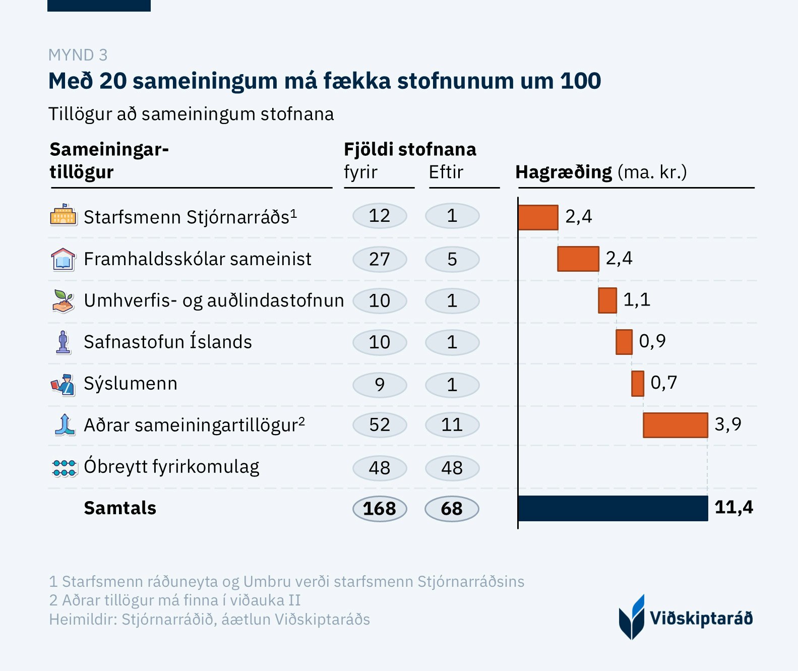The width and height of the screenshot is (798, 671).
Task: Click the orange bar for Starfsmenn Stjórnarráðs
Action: (x=538, y=218)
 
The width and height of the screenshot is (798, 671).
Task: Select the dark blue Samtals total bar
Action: (x=613, y=508)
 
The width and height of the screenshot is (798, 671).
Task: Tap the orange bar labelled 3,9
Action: (x=676, y=425)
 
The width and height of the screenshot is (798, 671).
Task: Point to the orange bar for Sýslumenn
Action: (x=638, y=384)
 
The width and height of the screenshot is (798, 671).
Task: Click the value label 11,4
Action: (x=733, y=507)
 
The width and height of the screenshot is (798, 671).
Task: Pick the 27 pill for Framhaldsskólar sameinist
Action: (x=380, y=259)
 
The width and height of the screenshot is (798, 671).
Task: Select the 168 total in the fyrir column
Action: (x=380, y=509)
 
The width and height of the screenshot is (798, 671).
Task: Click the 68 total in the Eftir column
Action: (x=452, y=509)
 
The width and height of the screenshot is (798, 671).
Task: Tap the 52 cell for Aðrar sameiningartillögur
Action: (x=380, y=425)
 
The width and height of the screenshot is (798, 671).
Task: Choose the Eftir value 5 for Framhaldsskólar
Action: (x=452, y=259)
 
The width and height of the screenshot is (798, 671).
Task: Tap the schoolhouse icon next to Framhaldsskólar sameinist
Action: (x=64, y=259)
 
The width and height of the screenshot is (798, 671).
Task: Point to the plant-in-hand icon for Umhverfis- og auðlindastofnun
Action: (x=64, y=301)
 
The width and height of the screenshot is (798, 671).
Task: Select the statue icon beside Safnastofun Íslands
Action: (x=64, y=342)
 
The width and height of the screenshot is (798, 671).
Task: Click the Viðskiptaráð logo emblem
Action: (x=632, y=617)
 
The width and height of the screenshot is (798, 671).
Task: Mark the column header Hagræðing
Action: (x=564, y=172)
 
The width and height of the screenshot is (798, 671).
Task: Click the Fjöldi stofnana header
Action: (x=410, y=150)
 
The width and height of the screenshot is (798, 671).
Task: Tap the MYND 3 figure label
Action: (x=78, y=55)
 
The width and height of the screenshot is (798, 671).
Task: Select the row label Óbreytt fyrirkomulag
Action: (x=171, y=467)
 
